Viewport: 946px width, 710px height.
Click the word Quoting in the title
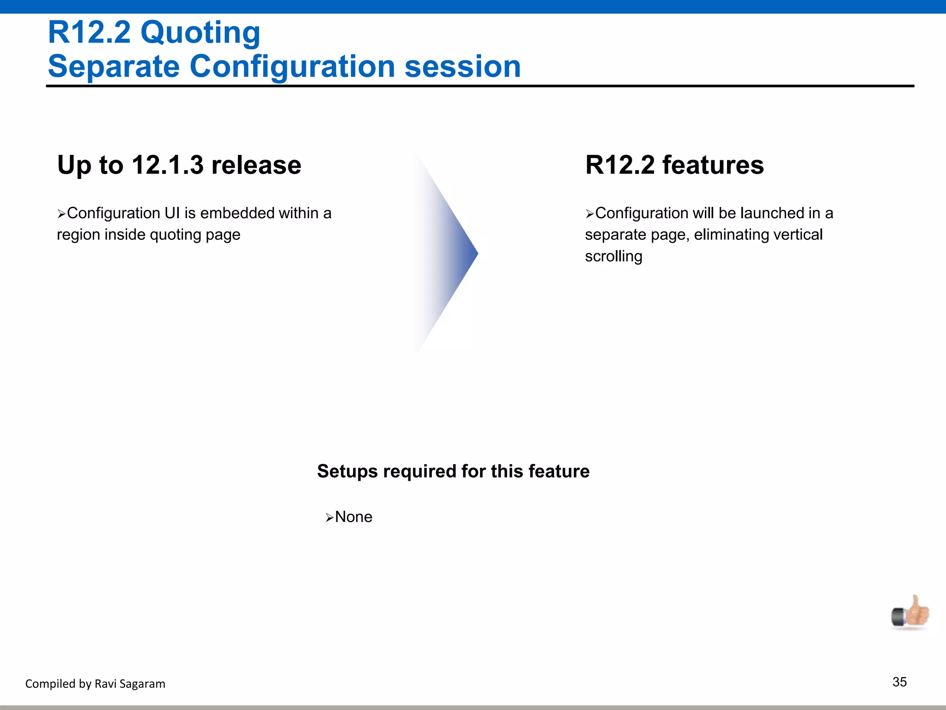click(x=200, y=33)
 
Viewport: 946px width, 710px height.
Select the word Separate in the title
click(x=114, y=67)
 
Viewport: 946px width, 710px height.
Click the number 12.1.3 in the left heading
click(x=168, y=165)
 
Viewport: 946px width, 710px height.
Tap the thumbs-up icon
click(x=910, y=612)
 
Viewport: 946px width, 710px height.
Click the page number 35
click(x=899, y=682)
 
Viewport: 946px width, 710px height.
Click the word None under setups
click(x=353, y=517)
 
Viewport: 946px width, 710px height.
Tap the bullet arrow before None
click(x=329, y=518)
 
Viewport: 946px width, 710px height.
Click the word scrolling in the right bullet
click(x=613, y=257)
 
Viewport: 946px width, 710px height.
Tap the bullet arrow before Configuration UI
click(x=61, y=214)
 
